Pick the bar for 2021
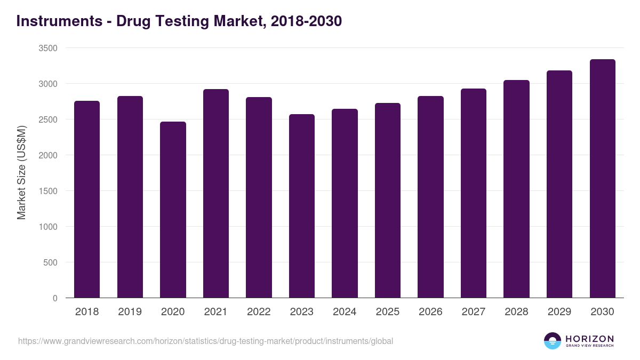[216, 194]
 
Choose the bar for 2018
[87, 199]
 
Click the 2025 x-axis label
[388, 312]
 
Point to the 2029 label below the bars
[559, 312]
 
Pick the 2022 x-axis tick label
[259, 312]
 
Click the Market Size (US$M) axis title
[21, 173]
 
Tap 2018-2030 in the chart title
[306, 21]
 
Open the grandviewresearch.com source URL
[205, 341]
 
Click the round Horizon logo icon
[553, 341]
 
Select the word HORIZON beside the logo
[589, 339]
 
